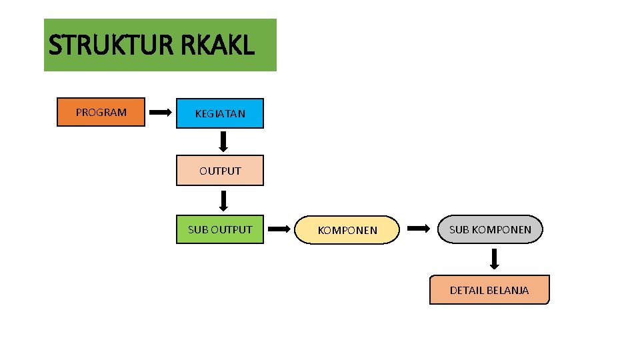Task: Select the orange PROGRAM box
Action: [x=101, y=112]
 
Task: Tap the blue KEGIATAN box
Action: [x=220, y=113]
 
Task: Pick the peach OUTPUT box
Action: [x=220, y=171]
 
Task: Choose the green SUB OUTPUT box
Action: [x=220, y=229]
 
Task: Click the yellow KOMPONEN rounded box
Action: [x=347, y=230]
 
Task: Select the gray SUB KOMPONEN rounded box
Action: [x=491, y=229]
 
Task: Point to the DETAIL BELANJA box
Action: [x=489, y=290]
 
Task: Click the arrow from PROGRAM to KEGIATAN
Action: [x=160, y=113]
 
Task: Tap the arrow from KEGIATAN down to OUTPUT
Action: [x=224, y=141]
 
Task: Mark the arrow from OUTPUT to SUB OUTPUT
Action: [x=224, y=201]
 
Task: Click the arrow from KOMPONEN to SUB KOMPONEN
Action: [x=419, y=229]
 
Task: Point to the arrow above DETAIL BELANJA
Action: [x=495, y=259]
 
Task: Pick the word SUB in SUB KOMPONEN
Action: [x=459, y=229]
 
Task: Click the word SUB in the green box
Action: [x=197, y=229]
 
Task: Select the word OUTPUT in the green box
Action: [x=231, y=229]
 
